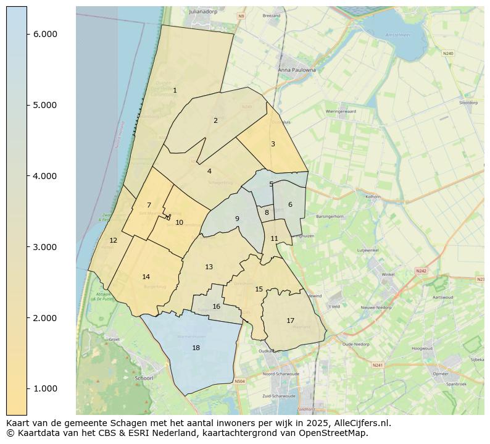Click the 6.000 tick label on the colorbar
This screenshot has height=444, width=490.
pyautogui.click(x=46, y=34)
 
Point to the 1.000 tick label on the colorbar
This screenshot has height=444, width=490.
pyautogui.click(x=46, y=388)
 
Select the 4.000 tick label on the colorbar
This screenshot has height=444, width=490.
pyautogui.click(x=46, y=176)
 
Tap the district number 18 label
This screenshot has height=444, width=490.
pyautogui.click(x=196, y=348)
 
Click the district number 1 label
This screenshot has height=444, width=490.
pyautogui.click(x=175, y=91)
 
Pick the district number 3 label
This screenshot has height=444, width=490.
pyautogui.click(x=273, y=145)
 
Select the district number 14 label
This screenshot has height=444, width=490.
pyautogui.click(x=146, y=277)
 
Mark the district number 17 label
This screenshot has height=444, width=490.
pyautogui.click(x=290, y=321)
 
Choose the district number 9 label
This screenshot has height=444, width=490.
pyautogui.click(x=236, y=219)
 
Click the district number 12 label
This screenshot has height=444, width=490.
pyautogui.click(x=113, y=241)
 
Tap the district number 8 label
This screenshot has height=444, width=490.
pyautogui.click(x=267, y=213)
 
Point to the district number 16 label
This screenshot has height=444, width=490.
pyautogui.click(x=216, y=307)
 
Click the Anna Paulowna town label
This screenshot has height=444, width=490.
pyautogui.click(x=297, y=70)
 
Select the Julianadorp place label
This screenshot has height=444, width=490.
pyautogui.click(x=204, y=11)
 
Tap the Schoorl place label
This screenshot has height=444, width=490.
pyautogui.click(x=143, y=378)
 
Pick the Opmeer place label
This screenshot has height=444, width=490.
pyautogui.click(x=441, y=374)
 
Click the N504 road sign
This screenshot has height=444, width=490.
pyautogui.click(x=239, y=382)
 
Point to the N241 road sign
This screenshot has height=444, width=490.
pyautogui.click(x=378, y=365)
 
